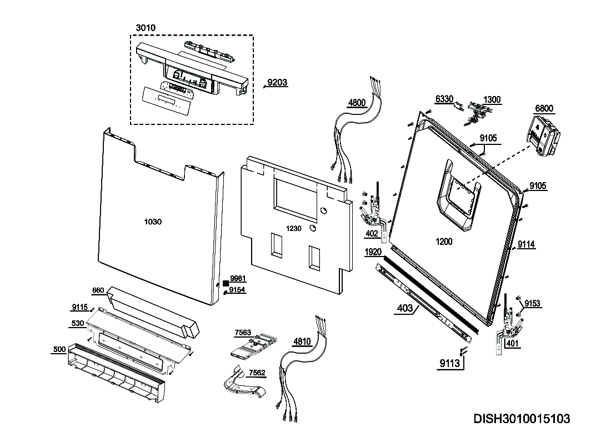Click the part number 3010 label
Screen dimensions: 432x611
tap(146, 28)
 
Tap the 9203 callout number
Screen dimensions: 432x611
tap(277, 83)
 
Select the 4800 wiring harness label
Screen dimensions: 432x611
tap(357, 103)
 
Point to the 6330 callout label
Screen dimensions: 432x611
tap(444, 99)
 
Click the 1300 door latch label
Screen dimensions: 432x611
tap(492, 100)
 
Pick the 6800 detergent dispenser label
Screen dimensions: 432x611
tap(544, 109)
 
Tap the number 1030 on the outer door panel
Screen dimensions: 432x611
tap(153, 222)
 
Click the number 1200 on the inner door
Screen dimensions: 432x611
tap(444, 242)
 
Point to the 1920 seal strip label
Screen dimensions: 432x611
tap(373, 252)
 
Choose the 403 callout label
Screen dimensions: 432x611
tap(405, 308)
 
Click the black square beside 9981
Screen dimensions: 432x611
tap(226, 282)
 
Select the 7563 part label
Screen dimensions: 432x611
tap(242, 333)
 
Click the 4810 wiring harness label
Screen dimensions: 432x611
tap(302, 341)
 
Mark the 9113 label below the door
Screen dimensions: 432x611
tap(449, 364)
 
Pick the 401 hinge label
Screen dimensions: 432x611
tap(513, 344)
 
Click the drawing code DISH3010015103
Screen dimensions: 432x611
tap(521, 418)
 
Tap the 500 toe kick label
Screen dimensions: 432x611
tap(59, 349)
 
